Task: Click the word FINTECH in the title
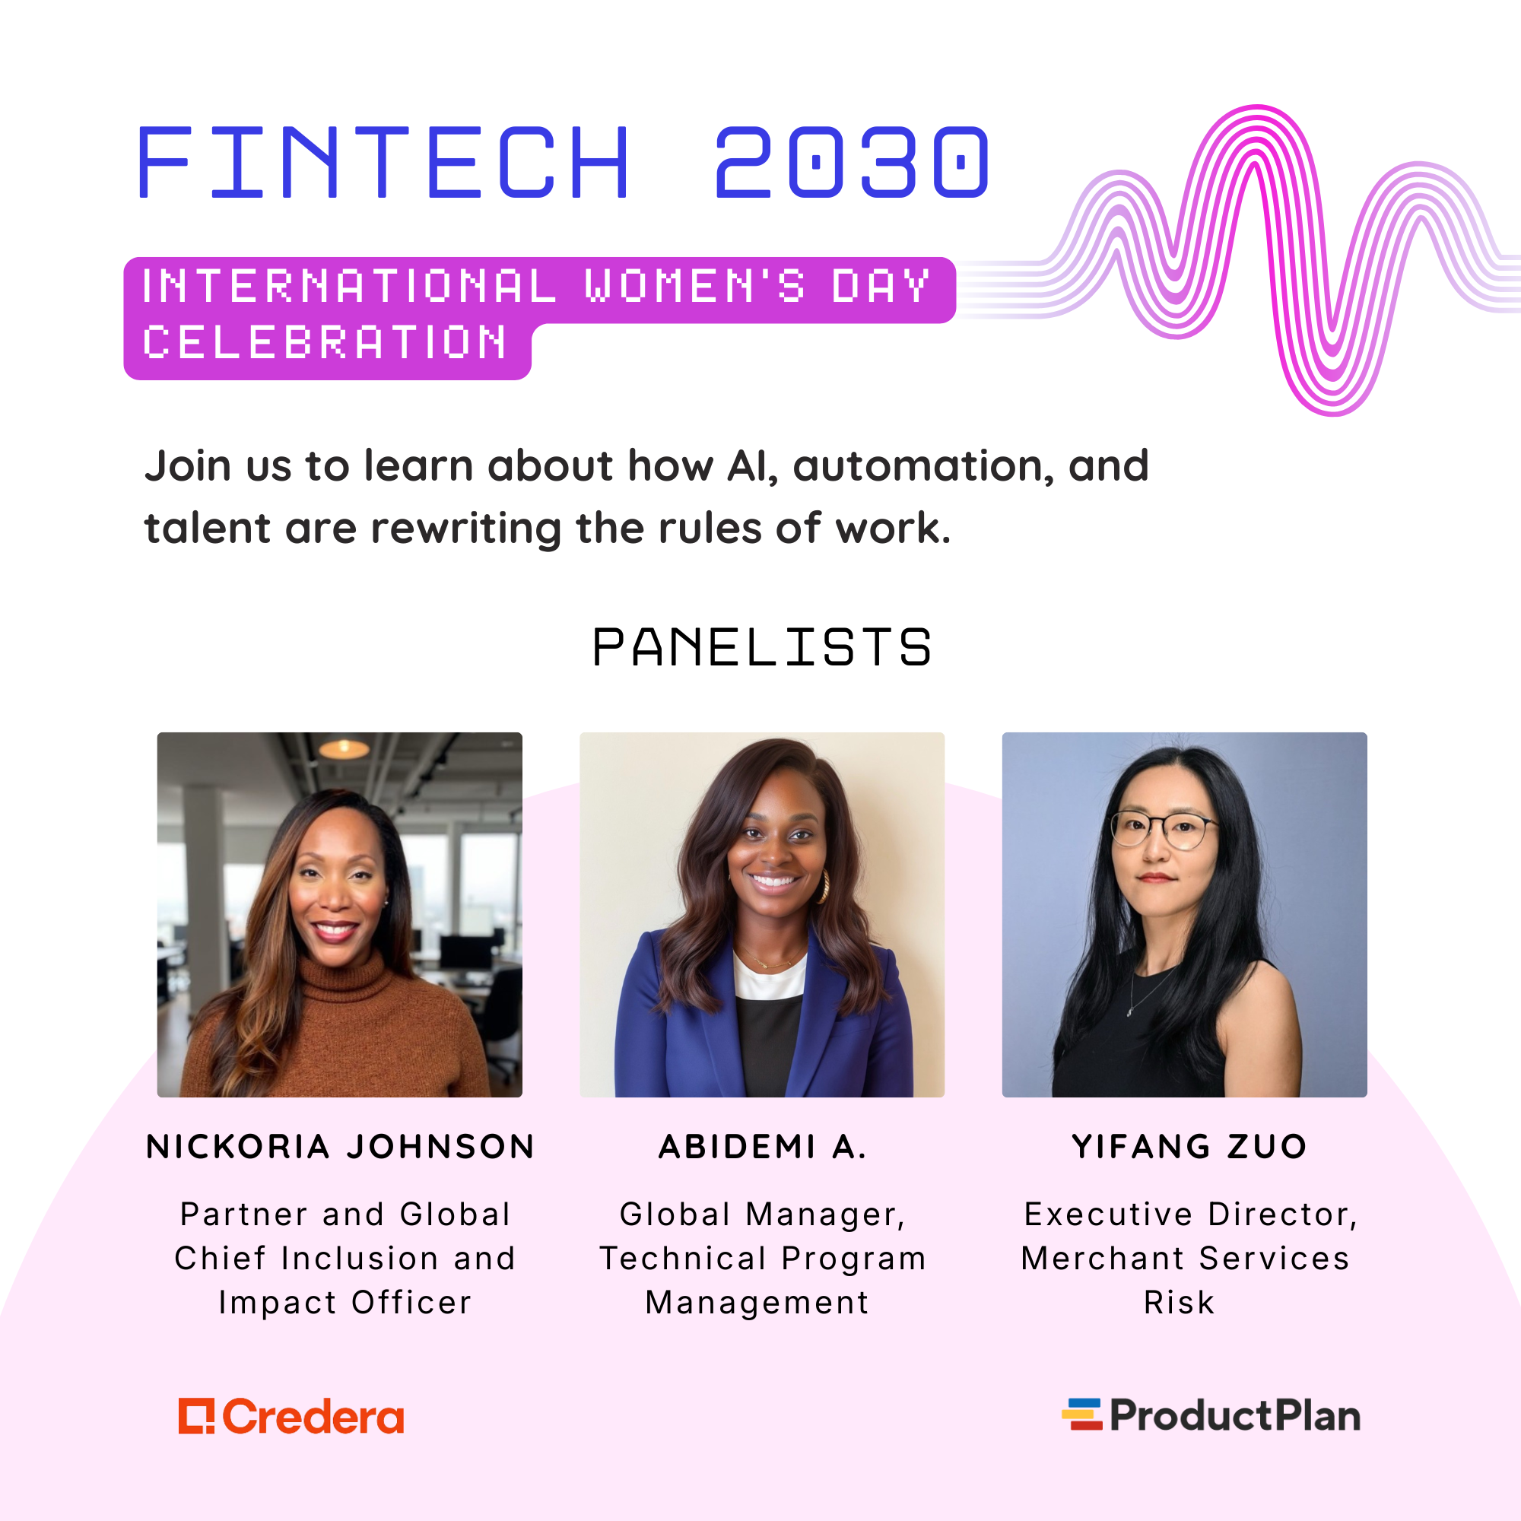[383, 161]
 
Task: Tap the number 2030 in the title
[851, 161]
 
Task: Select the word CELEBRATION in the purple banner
[325, 342]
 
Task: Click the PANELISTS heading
[761, 647]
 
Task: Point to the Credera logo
[291, 1416]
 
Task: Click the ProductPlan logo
[1211, 1415]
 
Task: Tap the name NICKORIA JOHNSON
[340, 1146]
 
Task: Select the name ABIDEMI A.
[762, 1146]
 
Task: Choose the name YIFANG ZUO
[1189, 1146]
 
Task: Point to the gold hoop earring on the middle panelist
[824, 887]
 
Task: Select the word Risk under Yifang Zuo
[1179, 1303]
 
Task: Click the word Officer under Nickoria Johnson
[411, 1303]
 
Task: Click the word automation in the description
[923, 466]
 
